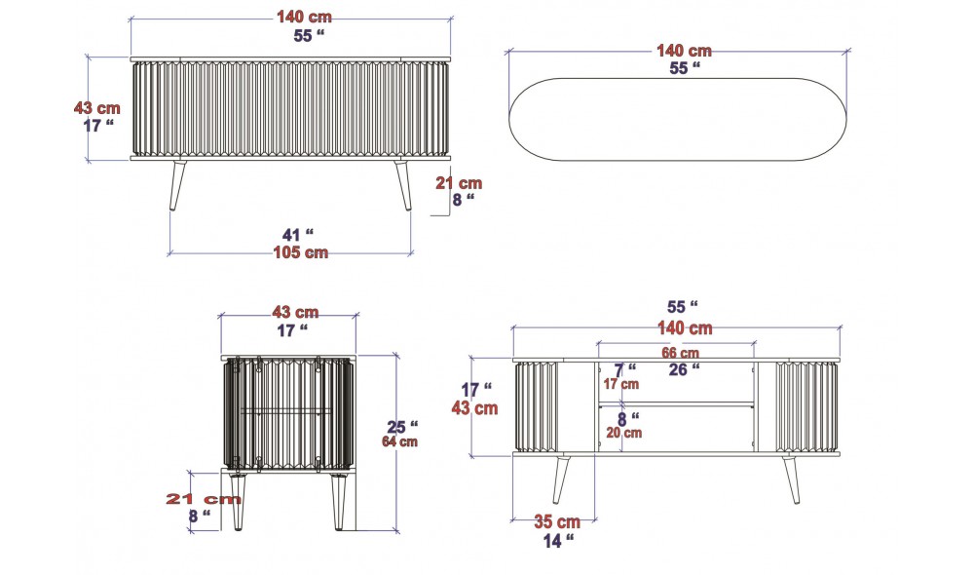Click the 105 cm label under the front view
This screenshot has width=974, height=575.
[300, 252]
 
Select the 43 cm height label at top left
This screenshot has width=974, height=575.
[97, 108]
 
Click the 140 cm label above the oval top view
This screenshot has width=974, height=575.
[684, 51]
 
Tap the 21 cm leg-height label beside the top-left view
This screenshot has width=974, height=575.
[458, 182]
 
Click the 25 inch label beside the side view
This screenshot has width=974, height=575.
[402, 426]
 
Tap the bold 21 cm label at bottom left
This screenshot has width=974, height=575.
[204, 498]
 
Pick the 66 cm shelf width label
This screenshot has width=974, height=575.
[681, 353]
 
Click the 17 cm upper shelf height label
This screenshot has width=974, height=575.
[621, 384]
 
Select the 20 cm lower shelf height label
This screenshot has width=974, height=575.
[624, 432]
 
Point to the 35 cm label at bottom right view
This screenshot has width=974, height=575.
[557, 521]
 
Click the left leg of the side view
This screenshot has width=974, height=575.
[237, 500]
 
